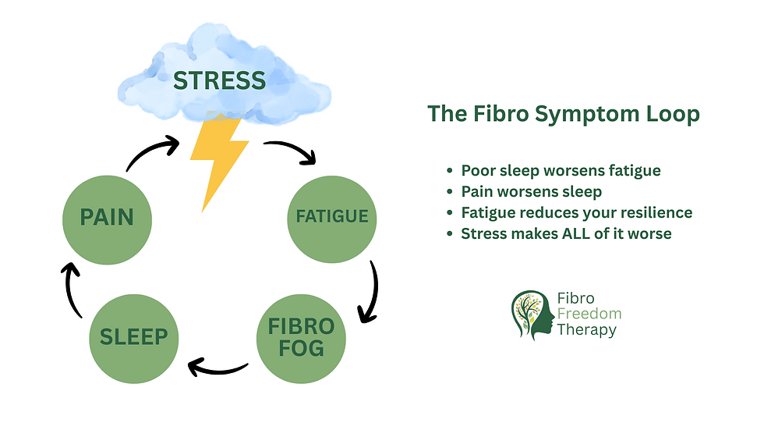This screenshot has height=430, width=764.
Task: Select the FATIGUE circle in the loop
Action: (x=331, y=216)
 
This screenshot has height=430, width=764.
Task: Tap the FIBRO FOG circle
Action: (x=301, y=336)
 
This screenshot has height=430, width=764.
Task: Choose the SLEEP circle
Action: (x=134, y=336)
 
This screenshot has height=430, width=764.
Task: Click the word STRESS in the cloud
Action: (x=219, y=80)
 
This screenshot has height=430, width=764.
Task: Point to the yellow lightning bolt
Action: (x=218, y=156)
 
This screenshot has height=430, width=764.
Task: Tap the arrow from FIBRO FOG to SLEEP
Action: (x=218, y=365)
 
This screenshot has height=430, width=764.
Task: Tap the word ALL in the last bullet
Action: (x=588, y=233)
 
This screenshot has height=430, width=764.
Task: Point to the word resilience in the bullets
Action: (x=653, y=212)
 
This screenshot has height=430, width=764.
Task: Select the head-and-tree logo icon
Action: (x=532, y=315)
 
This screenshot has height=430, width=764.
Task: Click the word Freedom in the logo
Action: (x=589, y=314)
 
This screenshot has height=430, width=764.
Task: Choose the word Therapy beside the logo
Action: (x=586, y=329)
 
